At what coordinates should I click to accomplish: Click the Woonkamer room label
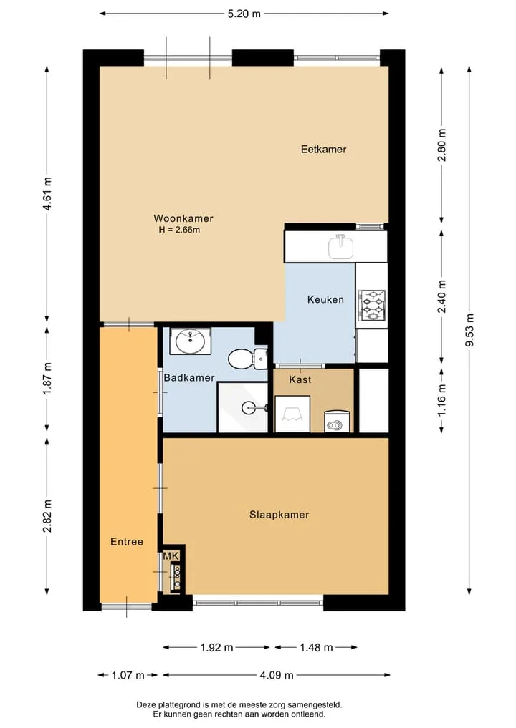pos(183,218)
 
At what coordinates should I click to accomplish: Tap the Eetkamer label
pos(323,149)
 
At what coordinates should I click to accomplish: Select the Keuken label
pos(325,299)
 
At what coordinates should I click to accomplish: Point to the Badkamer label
pos(189,377)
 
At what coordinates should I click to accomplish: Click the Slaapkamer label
pos(279,515)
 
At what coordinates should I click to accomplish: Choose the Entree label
pos(126,541)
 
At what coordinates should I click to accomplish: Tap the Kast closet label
pos(300,379)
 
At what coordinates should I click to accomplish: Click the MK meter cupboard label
pos(171,555)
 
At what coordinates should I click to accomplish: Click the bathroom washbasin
pos(190,341)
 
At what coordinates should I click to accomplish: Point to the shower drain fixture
pos(254,407)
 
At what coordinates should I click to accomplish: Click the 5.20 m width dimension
pos(244,14)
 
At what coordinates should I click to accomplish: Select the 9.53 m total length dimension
pos(469,330)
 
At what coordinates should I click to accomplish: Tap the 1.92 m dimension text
pos(216,647)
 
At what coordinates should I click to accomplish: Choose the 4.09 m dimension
pos(276,675)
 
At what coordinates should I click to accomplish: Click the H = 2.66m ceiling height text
pos(179,230)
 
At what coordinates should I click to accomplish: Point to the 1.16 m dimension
pos(441,401)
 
